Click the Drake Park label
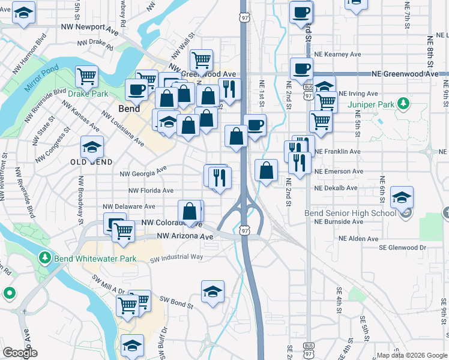point(88,94)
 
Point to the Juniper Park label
point(371,104)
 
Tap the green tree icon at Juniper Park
point(404,104)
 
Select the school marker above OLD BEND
point(92,146)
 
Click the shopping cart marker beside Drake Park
point(87,77)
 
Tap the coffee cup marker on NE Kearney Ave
point(301,68)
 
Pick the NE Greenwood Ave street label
point(405,74)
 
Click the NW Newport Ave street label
point(90,28)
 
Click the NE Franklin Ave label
point(337,152)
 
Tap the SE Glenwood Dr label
point(402,247)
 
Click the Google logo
point(20,353)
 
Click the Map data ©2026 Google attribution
point(411,355)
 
